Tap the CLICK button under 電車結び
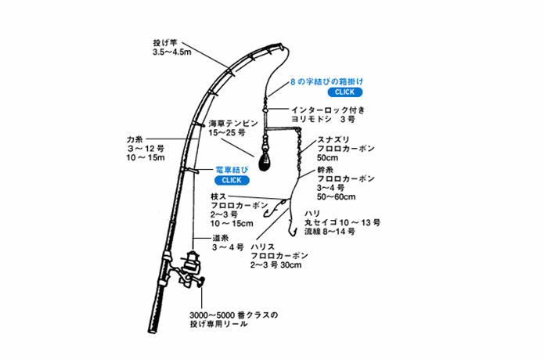232,179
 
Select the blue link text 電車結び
232,169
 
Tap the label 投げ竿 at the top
164,43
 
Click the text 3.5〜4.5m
172,53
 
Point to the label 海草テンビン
232,124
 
